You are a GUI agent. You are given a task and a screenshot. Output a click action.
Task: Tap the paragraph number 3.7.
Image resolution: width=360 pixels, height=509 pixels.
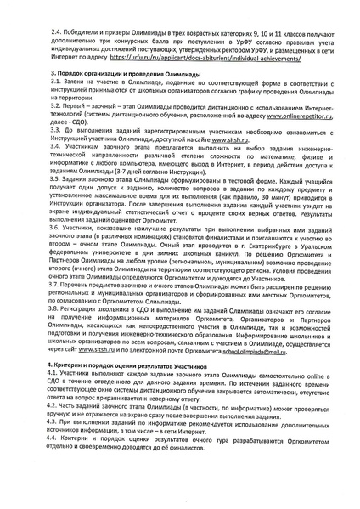[x=33, y=343]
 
